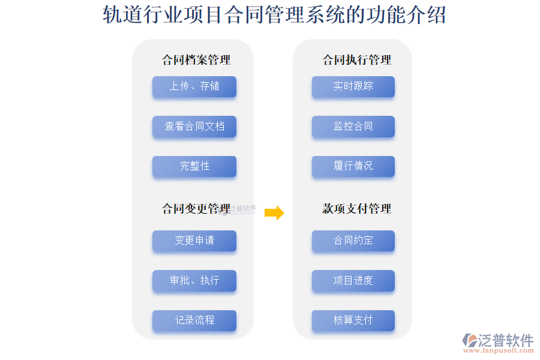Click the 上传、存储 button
pyautogui.click(x=194, y=86)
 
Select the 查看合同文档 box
pyautogui.click(x=194, y=127)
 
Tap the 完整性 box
pyautogui.click(x=194, y=166)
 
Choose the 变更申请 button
pyautogui.click(x=194, y=241)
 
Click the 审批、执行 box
pyautogui.click(x=194, y=281)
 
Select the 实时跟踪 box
pyautogui.click(x=353, y=86)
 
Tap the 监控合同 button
pyautogui.click(x=353, y=127)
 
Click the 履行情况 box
pyautogui.click(x=353, y=166)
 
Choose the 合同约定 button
pyautogui.click(x=353, y=241)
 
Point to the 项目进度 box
pyautogui.click(x=353, y=281)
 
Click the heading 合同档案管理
pyautogui.click(x=196, y=60)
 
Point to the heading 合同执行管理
pyautogui.click(x=356, y=60)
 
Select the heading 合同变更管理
pyautogui.click(x=196, y=208)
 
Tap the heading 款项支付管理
pyautogui.click(x=356, y=208)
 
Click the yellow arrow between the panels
pyautogui.click(x=274, y=212)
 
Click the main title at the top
pyautogui.click(x=274, y=15)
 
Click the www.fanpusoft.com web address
pyautogui.click(x=499, y=350)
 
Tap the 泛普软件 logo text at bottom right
pyautogui.click(x=506, y=340)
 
